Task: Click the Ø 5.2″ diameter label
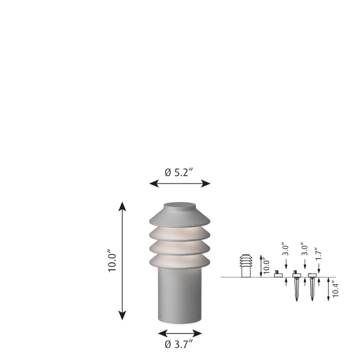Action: [180, 172]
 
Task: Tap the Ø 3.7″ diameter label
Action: [180, 345]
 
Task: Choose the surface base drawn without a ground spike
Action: [278, 274]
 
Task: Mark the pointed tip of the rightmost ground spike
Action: [312, 300]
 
